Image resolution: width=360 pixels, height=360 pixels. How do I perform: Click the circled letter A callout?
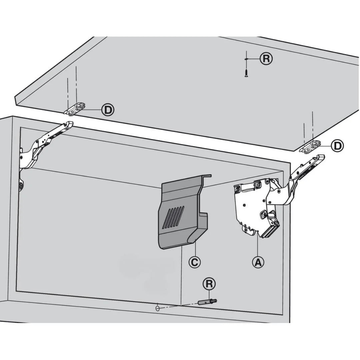pyautogui.click(x=258, y=262)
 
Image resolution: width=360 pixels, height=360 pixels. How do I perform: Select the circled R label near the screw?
pyautogui.click(x=266, y=59)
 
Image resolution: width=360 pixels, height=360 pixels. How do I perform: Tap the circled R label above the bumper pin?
pyautogui.click(x=209, y=284)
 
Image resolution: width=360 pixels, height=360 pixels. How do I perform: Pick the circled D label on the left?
pyautogui.click(x=107, y=110)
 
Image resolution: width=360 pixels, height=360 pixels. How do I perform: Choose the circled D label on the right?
pyautogui.click(x=338, y=146)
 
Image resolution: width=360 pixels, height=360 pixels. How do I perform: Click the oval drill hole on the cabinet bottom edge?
pyautogui.click(x=157, y=308)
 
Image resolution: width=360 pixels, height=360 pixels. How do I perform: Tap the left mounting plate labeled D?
pyautogui.click(x=77, y=109)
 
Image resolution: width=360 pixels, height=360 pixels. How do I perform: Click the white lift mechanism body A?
pyautogui.click(x=250, y=207)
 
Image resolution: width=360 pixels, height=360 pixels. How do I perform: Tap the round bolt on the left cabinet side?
pyautogui.click(x=21, y=186)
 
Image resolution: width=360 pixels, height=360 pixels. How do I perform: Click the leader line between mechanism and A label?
pyautogui.click(x=258, y=247)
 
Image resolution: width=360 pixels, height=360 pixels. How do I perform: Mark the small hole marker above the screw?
pyautogui.click(x=246, y=59)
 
